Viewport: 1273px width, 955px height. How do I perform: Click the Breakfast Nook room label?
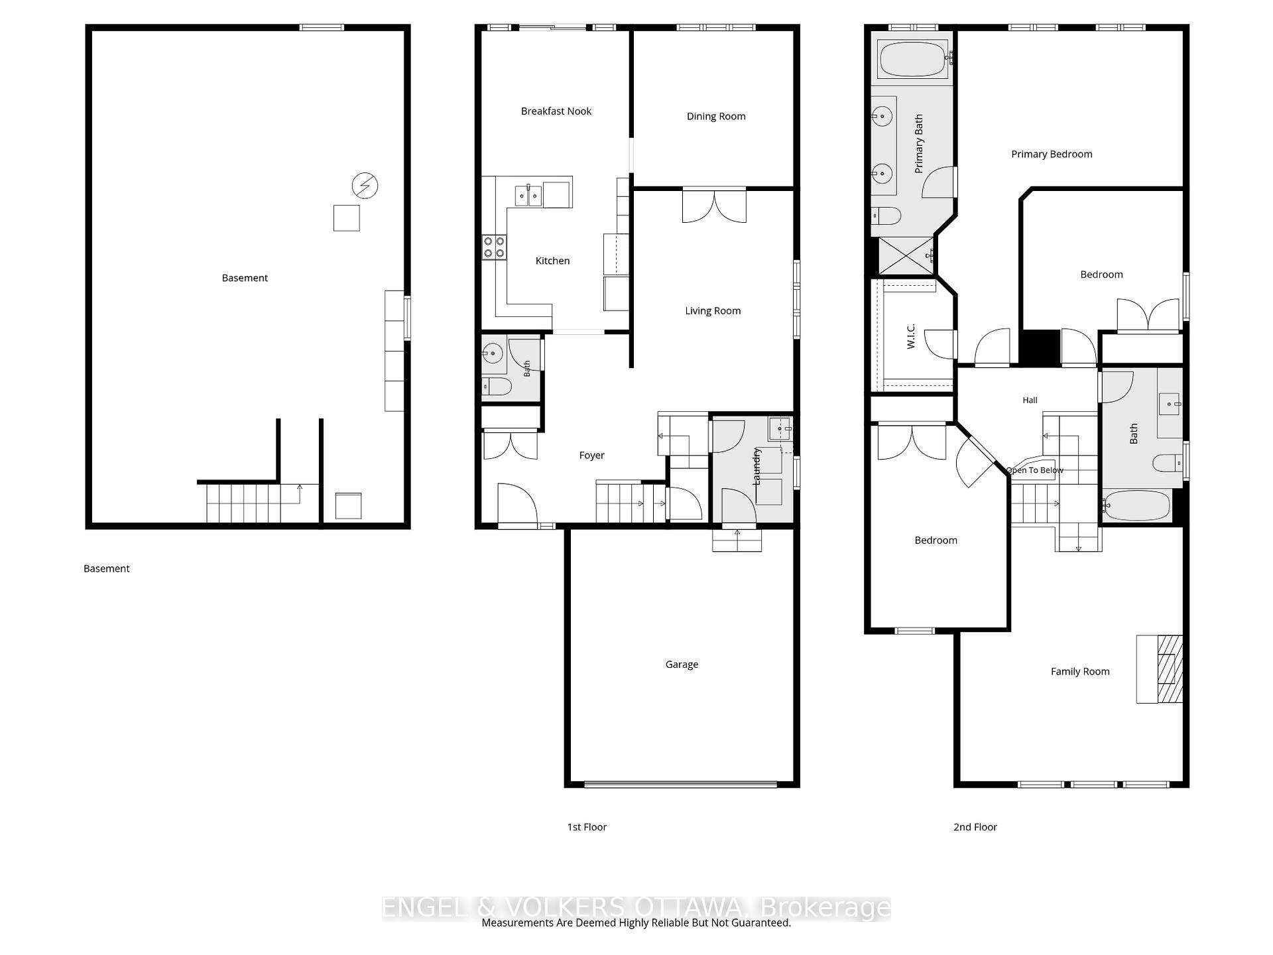(x=556, y=111)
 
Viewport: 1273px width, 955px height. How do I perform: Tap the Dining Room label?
(x=716, y=117)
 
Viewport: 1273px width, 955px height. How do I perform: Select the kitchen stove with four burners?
(x=494, y=248)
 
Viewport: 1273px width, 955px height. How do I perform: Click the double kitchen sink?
(x=528, y=196)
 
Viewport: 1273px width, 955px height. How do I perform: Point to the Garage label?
(x=682, y=665)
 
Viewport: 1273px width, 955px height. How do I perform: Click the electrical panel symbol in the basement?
(x=365, y=186)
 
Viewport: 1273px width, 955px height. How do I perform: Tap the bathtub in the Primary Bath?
(x=912, y=59)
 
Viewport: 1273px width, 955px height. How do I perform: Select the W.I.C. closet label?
(x=910, y=336)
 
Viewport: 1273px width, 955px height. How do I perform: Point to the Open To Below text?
(x=1034, y=470)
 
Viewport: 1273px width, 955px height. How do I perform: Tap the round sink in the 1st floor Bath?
(x=493, y=353)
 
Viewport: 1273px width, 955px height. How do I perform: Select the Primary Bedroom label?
(x=1052, y=155)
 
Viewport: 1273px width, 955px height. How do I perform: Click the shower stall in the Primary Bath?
(x=906, y=255)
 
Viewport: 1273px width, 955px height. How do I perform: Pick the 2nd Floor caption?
(x=975, y=827)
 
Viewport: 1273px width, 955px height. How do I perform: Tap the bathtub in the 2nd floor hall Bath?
(x=1136, y=506)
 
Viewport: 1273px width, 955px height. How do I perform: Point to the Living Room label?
(x=713, y=311)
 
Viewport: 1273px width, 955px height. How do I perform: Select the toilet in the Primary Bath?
(x=886, y=216)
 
